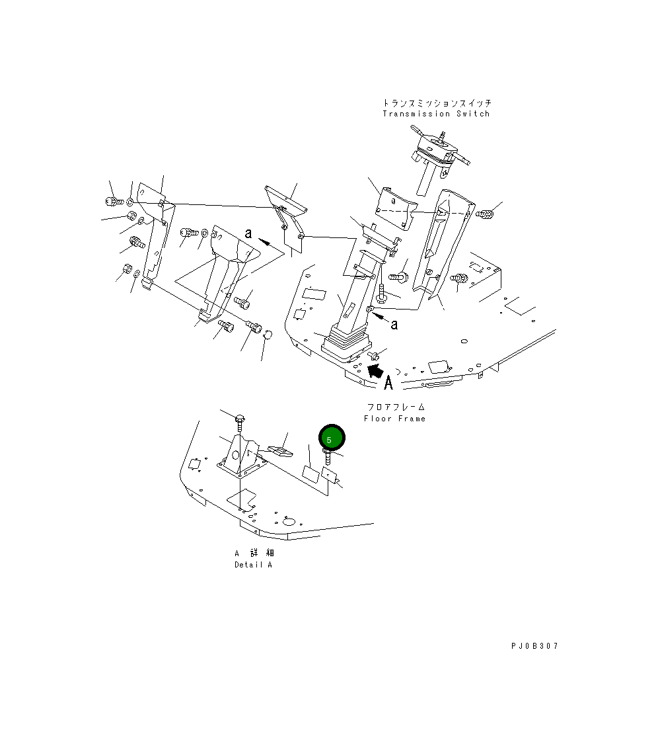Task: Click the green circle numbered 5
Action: (331, 437)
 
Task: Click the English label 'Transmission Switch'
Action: (436, 114)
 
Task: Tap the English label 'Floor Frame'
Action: (394, 419)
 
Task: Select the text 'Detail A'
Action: (253, 565)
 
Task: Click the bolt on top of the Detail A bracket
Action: (240, 419)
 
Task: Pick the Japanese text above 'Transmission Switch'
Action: (437, 103)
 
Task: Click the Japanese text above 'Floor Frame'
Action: (396, 407)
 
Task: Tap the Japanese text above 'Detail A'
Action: (253, 553)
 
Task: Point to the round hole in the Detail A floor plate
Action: (288, 522)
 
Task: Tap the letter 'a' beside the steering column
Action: (394, 324)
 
